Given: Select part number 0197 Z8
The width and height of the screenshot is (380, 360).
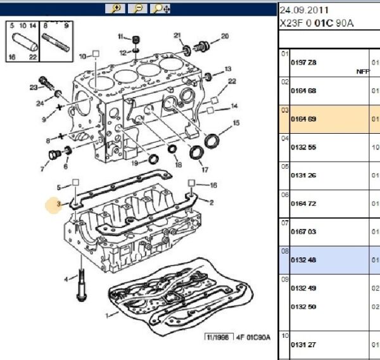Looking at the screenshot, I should pos(303,62).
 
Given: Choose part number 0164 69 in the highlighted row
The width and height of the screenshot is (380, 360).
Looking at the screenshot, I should pos(303,119).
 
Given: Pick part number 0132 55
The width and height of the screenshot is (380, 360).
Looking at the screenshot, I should pos(303,147).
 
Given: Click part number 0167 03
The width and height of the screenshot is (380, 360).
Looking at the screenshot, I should pos(303,233).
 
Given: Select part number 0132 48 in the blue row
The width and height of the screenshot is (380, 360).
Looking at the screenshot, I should pos(303,260).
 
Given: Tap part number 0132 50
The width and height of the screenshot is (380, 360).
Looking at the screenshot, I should pos(303,306).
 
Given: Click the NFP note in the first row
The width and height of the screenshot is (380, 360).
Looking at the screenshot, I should pos(362,72).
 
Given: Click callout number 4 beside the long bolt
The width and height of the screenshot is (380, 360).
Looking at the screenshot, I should pos(66,280).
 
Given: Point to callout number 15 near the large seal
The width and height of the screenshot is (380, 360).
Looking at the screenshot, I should pos(236,123).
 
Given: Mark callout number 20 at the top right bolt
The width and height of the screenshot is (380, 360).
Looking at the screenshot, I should pos(225,36).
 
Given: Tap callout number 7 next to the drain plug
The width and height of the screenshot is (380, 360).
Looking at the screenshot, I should pos(43,169).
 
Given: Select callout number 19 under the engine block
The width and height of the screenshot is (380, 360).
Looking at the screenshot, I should pos(134,163).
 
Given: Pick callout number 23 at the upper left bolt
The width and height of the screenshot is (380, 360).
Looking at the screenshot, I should pos(33,87).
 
